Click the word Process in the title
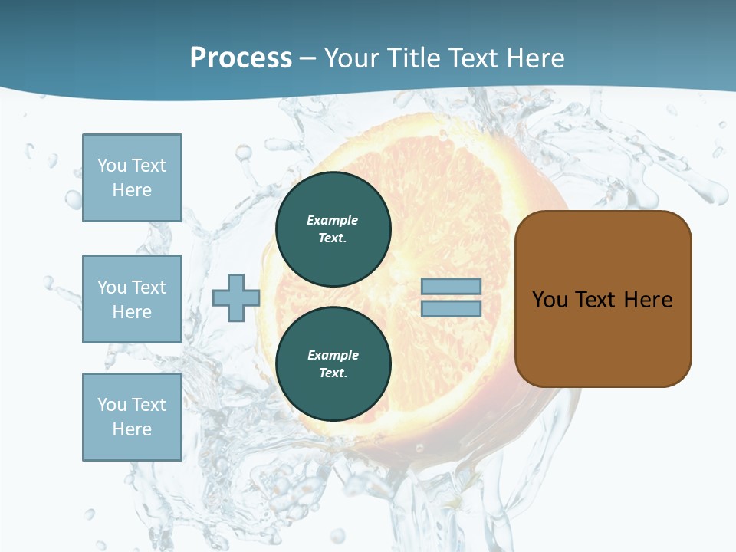click(241, 58)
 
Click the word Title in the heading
click(413, 58)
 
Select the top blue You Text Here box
click(132, 178)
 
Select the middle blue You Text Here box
click(132, 299)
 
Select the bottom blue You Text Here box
click(132, 417)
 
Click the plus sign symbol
click(236, 297)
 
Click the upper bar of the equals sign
click(451, 287)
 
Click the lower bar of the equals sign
click(451, 309)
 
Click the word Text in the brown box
click(595, 300)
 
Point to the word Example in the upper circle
click(333, 220)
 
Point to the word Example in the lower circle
click(333, 355)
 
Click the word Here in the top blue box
click(132, 190)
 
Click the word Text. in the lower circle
click(333, 373)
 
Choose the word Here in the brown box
click(648, 300)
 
